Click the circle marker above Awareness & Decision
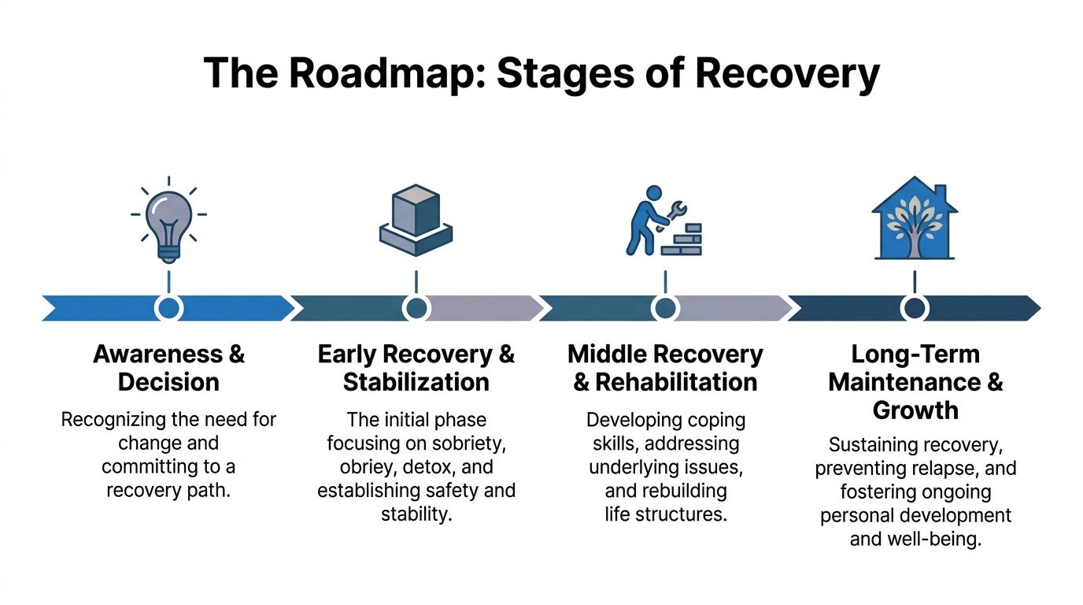pos(168,307)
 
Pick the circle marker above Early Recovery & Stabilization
pos(416,307)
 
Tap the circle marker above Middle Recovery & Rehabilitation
pos(665,307)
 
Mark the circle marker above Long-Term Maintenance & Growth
pos(914,307)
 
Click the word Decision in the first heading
pos(168,382)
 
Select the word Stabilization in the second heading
pos(416,382)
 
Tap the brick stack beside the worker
pos(682,239)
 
